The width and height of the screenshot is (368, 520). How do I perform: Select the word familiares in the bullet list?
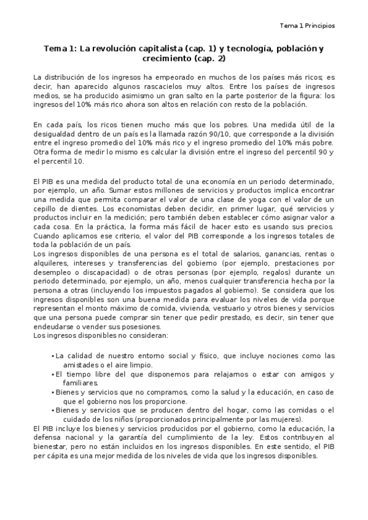pos(72,383)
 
